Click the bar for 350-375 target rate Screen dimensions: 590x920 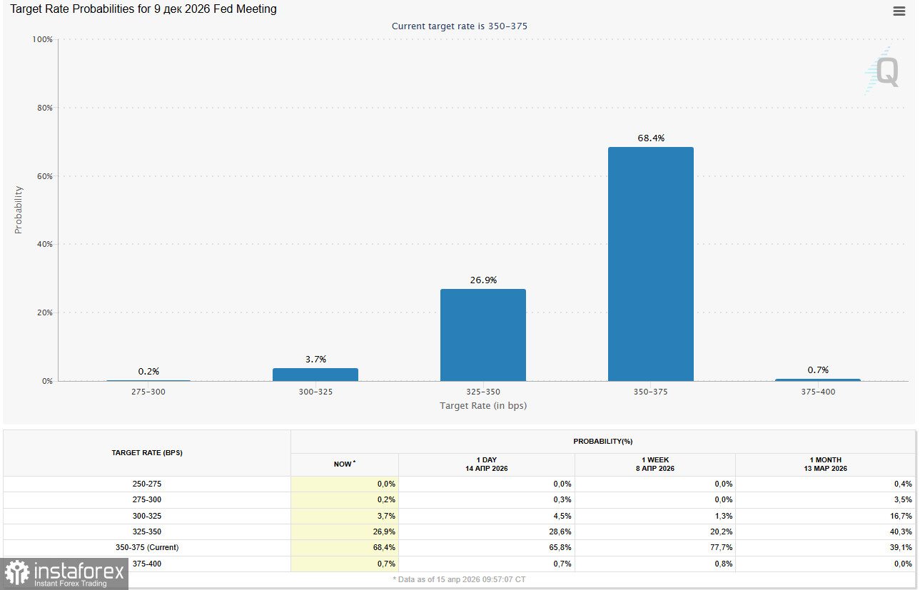click(x=650, y=264)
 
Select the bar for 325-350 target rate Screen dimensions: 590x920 click(x=482, y=335)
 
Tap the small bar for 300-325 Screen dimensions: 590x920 click(x=315, y=375)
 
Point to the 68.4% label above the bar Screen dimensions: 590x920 click(x=650, y=138)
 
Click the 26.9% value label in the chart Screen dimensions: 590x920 click(x=482, y=280)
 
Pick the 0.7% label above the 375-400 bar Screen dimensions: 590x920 click(x=817, y=370)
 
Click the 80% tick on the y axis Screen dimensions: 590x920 click(x=44, y=108)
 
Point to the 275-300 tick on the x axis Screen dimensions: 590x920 click(x=148, y=392)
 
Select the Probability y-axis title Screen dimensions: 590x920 click(x=19, y=210)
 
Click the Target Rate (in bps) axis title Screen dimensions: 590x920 click(x=482, y=405)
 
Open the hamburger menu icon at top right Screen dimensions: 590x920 click(x=899, y=11)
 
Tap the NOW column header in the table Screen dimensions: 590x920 click(x=344, y=464)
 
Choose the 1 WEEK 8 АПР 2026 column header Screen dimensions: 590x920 click(x=654, y=464)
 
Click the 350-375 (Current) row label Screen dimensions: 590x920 click(x=147, y=547)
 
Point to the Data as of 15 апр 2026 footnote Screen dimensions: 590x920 click(x=459, y=579)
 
